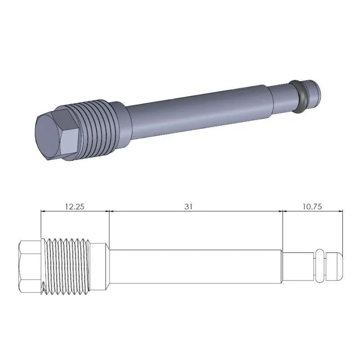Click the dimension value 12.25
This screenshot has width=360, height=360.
(x=75, y=207)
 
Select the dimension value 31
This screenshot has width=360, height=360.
(x=189, y=207)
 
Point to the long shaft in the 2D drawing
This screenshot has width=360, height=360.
(x=196, y=266)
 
